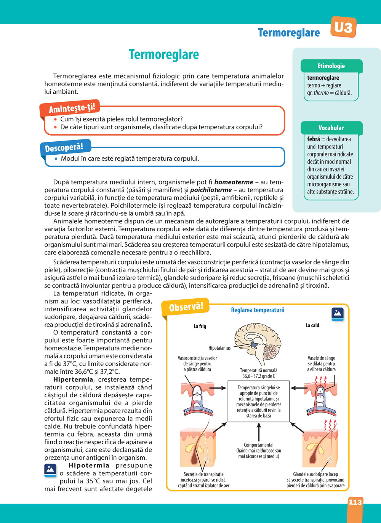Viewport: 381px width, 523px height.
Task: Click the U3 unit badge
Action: click(x=343, y=27)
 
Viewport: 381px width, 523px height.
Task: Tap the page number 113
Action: click(x=355, y=502)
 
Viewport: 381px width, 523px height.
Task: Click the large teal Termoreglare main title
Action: click(x=164, y=54)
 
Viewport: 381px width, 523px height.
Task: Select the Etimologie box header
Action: click(x=331, y=66)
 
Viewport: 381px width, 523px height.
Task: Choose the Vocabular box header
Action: click(x=331, y=128)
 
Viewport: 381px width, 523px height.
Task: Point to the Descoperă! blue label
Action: click(x=64, y=147)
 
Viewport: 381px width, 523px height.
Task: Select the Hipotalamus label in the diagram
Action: click(x=219, y=348)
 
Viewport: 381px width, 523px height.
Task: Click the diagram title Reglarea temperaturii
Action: click(x=258, y=310)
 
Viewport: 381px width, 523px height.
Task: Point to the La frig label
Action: click(x=200, y=326)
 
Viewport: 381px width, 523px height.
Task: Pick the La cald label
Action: click(x=312, y=325)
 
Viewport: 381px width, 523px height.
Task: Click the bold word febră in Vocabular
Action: click(x=314, y=139)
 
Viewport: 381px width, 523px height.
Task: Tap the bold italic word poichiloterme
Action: click(x=211, y=190)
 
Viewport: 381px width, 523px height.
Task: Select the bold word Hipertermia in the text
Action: click(x=73, y=379)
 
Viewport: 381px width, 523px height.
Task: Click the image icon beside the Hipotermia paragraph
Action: click(x=50, y=470)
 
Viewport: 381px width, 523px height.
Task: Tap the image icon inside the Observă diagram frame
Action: click(x=338, y=314)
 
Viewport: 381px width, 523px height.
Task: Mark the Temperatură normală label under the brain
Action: click(x=259, y=373)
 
